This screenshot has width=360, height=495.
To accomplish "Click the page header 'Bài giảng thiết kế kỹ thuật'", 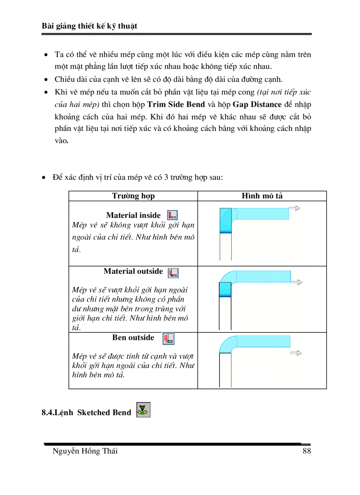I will click(89, 26).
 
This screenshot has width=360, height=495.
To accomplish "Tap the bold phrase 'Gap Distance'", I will click(256, 104).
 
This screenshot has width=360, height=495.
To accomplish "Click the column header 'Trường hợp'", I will click(133, 196).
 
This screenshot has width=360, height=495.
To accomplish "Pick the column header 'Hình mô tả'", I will click(262, 196).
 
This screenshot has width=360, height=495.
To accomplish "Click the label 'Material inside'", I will click(133, 215).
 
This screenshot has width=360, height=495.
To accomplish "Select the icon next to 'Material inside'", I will click(173, 215).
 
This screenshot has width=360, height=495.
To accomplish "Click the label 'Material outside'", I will click(133, 271).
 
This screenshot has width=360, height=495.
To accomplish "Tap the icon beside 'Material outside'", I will click(173, 272).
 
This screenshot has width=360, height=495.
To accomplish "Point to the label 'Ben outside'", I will click(133, 338).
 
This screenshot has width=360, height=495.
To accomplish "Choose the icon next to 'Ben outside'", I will click(169, 339).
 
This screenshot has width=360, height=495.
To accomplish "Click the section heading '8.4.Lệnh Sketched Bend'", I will click(86, 413).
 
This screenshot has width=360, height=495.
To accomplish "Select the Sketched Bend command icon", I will click(143, 410).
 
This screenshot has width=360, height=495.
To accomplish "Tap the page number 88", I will click(307, 451).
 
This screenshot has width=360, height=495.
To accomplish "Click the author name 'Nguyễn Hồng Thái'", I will click(85, 451).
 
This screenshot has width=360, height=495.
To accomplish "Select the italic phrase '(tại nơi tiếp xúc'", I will click(284, 92).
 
